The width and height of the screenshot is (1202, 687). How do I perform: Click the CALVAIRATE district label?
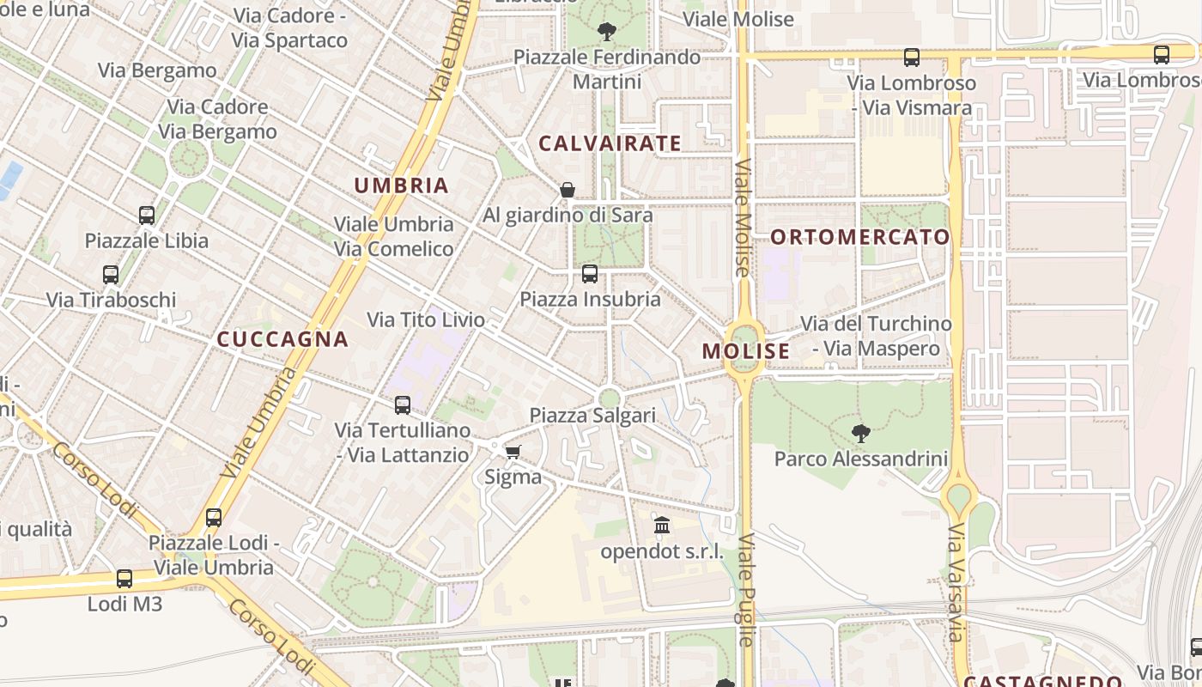coord(610,143)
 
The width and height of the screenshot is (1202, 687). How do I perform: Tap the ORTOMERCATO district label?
coord(860,237)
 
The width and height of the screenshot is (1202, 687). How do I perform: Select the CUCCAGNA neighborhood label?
coord(282,339)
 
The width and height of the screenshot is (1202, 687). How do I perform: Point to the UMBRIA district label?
coord(402,185)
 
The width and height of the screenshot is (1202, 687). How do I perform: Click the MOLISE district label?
coord(746,351)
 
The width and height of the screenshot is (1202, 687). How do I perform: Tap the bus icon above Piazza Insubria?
coord(590,274)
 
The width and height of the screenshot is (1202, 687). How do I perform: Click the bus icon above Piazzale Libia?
coord(147,216)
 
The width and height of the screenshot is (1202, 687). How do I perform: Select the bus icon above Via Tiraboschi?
coord(111,275)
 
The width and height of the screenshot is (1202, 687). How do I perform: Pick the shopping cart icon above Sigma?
coord(513,452)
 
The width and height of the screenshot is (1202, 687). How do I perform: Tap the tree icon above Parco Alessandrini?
coord(860,433)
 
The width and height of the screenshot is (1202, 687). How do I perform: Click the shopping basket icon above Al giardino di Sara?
coord(568,190)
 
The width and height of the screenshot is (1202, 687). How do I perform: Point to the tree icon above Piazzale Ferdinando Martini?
coord(607,33)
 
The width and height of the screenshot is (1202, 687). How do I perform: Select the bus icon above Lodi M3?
coord(124,579)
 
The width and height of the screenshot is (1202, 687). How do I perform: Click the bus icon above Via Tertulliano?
coord(403,405)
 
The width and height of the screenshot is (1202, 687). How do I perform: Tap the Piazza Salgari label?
coord(592,416)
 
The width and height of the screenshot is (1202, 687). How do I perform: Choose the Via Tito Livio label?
coord(426,320)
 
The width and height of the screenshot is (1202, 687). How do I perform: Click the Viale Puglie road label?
coord(746,590)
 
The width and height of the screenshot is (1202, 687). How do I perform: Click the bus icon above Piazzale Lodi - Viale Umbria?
coord(214,518)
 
